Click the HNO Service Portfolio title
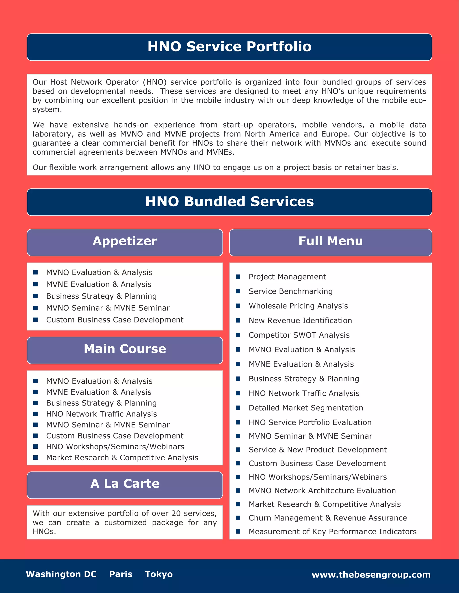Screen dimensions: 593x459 (229, 47)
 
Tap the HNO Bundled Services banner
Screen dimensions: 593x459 (229, 202)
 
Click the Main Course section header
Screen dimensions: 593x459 (125, 349)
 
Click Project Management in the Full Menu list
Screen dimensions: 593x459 (287, 277)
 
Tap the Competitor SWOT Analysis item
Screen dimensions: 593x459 (299, 335)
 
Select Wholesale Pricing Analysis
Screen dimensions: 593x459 (298, 306)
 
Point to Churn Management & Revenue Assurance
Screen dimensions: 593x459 (327, 518)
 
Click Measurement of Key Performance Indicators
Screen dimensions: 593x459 (332, 532)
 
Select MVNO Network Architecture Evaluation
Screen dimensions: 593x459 (322, 491)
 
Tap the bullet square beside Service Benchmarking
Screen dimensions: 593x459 (238, 291)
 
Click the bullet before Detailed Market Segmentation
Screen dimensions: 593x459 (238, 408)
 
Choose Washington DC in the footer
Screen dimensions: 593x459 (61, 574)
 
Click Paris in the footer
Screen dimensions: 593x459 (121, 574)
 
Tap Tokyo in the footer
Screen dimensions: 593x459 (159, 574)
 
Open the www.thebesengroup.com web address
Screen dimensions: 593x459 (371, 575)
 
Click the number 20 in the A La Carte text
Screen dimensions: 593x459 (176, 513)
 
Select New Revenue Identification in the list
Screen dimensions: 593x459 (300, 321)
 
